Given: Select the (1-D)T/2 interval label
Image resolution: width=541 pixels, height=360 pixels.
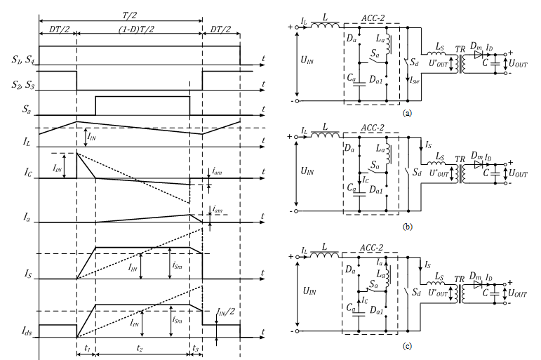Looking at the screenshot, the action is click(x=137, y=29).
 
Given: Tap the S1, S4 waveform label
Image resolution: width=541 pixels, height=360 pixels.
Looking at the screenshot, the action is click(x=22, y=60).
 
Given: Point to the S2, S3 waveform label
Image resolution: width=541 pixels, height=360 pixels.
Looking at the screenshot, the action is click(x=22, y=85).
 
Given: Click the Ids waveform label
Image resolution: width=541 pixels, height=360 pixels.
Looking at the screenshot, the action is click(x=27, y=332).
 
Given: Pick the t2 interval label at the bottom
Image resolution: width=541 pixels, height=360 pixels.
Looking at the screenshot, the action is click(x=140, y=348).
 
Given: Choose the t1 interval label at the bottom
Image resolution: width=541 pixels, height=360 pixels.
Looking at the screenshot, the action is click(x=87, y=348).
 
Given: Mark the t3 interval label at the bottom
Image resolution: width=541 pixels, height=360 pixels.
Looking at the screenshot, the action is click(x=196, y=348).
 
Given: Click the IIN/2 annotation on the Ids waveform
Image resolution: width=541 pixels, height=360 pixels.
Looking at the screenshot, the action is click(x=226, y=312).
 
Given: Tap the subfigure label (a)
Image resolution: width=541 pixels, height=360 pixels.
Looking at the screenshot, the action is click(x=407, y=113).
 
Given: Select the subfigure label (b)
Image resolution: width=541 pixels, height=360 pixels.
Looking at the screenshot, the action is click(x=407, y=227).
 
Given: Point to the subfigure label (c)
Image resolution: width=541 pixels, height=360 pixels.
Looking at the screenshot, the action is click(x=407, y=346).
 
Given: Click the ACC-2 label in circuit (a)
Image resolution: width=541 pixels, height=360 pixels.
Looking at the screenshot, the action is click(x=373, y=18).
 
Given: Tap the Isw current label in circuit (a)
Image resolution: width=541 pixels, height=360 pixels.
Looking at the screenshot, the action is click(x=415, y=81).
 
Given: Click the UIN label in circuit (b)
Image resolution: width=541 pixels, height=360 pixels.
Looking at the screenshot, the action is click(x=307, y=171).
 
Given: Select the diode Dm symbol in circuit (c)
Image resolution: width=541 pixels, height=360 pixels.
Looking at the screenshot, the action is click(x=478, y=284).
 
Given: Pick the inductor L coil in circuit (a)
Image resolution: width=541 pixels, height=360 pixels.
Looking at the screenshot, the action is click(x=325, y=25).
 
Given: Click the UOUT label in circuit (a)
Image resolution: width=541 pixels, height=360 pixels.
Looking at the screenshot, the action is click(x=519, y=64).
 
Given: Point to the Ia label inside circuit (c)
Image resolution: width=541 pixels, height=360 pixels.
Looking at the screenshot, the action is click(x=380, y=262).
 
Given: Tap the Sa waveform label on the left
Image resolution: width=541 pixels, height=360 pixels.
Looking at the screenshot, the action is click(x=27, y=109).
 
